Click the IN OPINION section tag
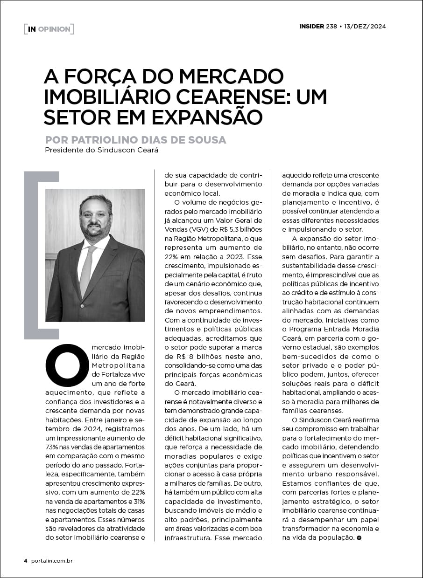(x=49, y=29)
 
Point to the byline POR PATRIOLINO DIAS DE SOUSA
(x=135, y=140)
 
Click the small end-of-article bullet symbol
(x=359, y=538)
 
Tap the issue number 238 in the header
(x=331, y=26)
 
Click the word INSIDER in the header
(x=311, y=26)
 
